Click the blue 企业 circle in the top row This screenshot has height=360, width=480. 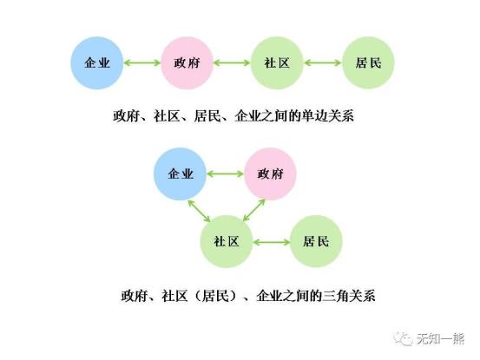point(97,62)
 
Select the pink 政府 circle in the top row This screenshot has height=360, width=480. point(187,62)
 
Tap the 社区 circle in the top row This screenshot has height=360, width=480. point(277,62)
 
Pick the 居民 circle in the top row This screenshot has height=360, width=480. point(368,62)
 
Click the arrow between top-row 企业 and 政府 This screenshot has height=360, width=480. point(142,63)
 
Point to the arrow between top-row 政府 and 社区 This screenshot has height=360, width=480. point(232,63)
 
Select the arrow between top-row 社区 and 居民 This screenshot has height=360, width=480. point(323,63)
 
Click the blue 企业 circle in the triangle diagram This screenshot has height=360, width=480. point(181,173)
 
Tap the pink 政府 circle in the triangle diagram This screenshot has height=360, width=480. point(270,173)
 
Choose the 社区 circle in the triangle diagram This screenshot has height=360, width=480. point(227,241)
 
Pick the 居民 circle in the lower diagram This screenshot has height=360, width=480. point(316,241)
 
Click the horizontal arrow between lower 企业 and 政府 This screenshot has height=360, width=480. point(226,174)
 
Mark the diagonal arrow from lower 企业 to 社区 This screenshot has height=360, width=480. point(199,211)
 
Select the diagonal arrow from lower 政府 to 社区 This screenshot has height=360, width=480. point(253,210)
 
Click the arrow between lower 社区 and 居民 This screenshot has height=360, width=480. point(272,242)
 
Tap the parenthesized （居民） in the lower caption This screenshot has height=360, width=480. point(215,296)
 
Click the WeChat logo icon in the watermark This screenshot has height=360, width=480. point(403,338)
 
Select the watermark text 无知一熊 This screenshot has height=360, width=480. point(440,338)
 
